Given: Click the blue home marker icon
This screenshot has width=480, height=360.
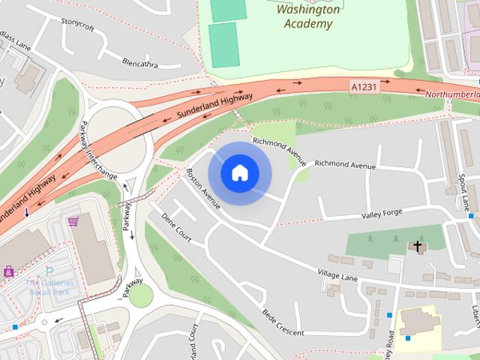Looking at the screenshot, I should (239, 173).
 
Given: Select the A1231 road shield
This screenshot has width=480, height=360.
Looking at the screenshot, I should (364, 88).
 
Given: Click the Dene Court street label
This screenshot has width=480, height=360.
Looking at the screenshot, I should (177, 228).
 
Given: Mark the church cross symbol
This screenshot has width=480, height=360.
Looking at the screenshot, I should (417, 245).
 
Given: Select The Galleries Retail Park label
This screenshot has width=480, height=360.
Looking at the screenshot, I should (50, 286).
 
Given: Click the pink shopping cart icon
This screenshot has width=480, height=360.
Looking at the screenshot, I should (73, 221).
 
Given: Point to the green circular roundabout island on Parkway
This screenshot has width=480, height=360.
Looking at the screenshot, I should (140, 295).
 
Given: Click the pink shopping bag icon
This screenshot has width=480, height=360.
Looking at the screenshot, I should (8, 271).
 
